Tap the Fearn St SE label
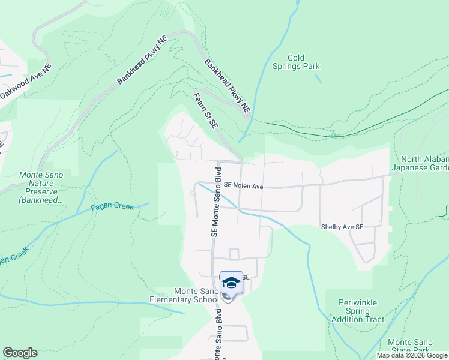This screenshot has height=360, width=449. [x=205, y=109]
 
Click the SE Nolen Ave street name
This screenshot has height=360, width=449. [x=244, y=187]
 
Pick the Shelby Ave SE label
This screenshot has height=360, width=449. [x=342, y=227]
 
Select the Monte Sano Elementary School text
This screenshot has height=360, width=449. [x=185, y=295]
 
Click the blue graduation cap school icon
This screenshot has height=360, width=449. [x=231, y=282]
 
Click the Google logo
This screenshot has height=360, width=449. [x=20, y=353]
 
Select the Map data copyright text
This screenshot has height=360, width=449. [x=412, y=355]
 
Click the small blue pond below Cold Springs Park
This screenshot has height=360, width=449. [x=318, y=78]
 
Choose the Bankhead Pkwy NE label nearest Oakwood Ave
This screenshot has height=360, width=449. [x=142, y=62]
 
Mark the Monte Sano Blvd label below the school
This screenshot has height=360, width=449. [x=218, y=335]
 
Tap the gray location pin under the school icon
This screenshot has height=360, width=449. [x=226, y=296]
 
